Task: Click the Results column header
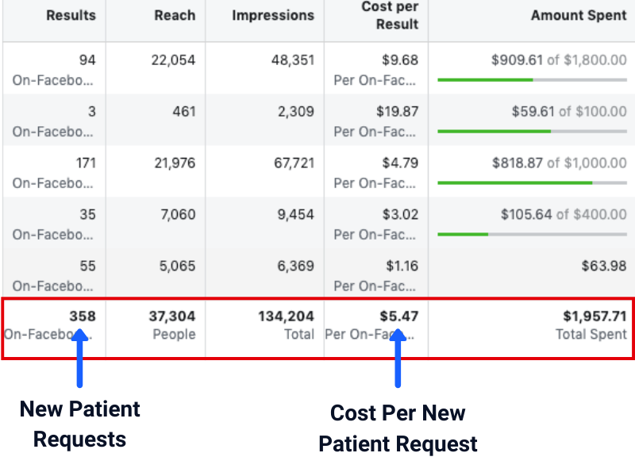tap(71, 16)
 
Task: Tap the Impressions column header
tap(272, 16)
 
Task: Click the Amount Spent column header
tap(579, 16)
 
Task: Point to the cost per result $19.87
tap(397, 112)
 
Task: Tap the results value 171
tap(85, 163)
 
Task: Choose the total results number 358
tap(82, 317)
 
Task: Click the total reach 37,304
tap(171, 317)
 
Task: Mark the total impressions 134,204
tap(286, 317)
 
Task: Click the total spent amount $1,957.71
tap(591, 317)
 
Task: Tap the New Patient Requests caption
tap(79, 424)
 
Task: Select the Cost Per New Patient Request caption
tap(398, 428)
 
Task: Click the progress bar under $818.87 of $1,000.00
tap(532, 182)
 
